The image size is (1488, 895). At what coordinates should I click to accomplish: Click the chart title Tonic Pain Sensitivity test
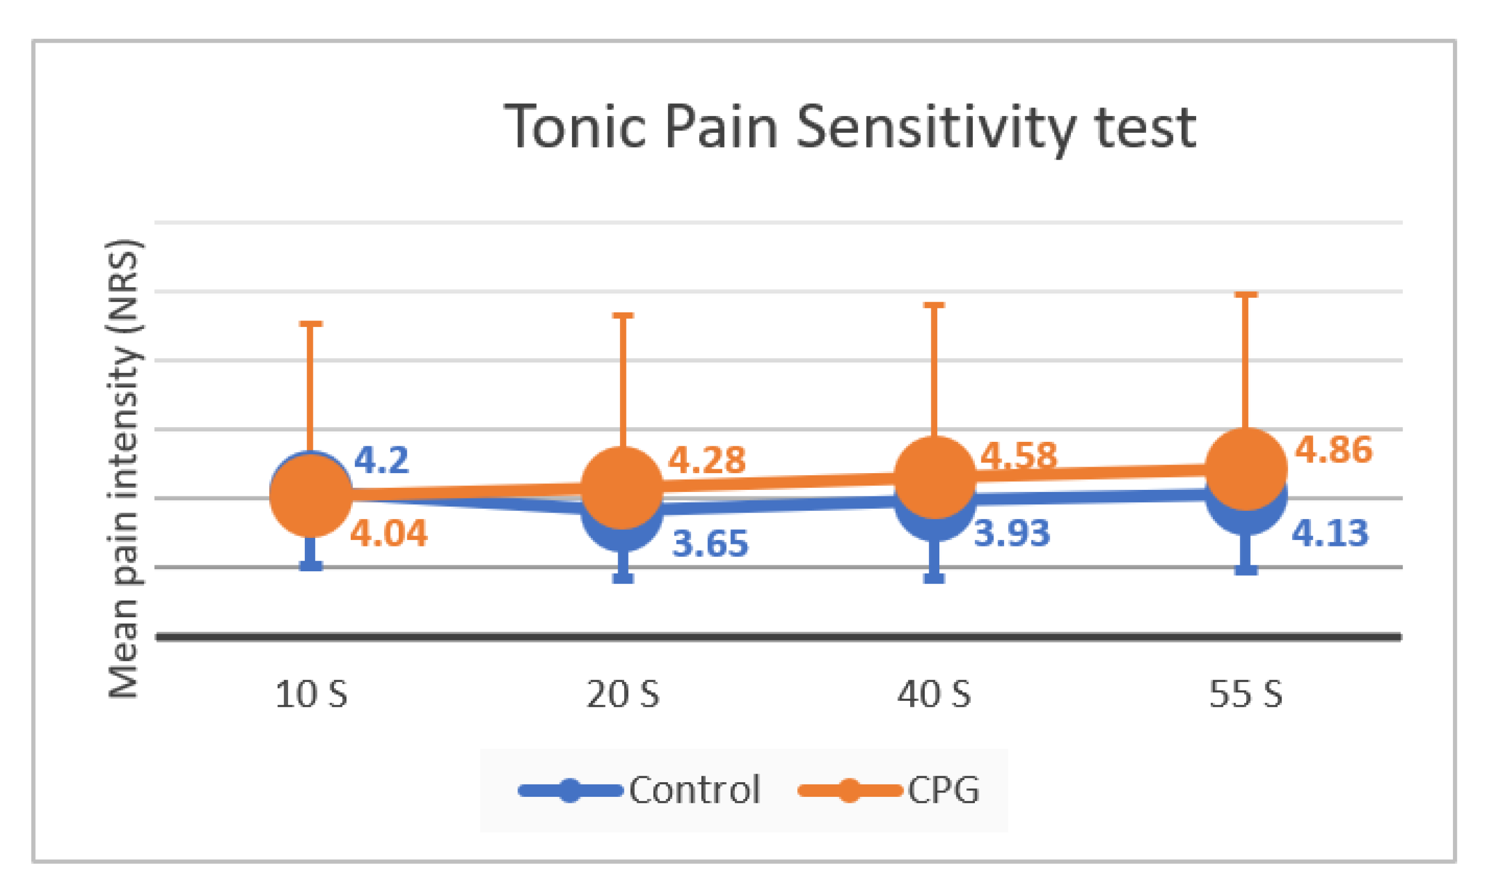pyautogui.click(x=849, y=128)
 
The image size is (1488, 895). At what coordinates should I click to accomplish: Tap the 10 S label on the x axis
pyautogui.click(x=311, y=695)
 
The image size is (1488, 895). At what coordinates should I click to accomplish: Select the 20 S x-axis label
pyautogui.click(x=623, y=695)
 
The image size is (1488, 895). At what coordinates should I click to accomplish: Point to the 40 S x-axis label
pyautogui.click(x=934, y=695)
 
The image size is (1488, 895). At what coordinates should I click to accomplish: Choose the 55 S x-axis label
pyautogui.click(x=1246, y=695)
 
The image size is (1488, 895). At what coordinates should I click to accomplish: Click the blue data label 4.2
pyautogui.click(x=381, y=460)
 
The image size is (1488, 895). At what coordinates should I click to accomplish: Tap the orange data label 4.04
pyautogui.click(x=389, y=534)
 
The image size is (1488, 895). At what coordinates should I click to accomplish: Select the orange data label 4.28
pyautogui.click(x=707, y=461)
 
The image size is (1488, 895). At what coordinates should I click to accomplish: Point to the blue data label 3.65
pyautogui.click(x=711, y=543)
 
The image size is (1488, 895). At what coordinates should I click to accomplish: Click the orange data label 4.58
pyautogui.click(x=1019, y=455)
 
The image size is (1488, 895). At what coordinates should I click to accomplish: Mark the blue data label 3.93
pyautogui.click(x=1013, y=534)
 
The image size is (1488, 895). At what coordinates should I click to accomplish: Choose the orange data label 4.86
pyautogui.click(x=1334, y=450)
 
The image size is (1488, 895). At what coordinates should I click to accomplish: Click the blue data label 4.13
pyautogui.click(x=1330, y=534)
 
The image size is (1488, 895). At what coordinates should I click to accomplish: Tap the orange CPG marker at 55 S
pyautogui.click(x=1246, y=469)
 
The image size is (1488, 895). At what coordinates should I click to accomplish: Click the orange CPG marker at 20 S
pyautogui.click(x=623, y=487)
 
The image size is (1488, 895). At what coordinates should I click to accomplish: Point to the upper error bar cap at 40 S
pyautogui.click(x=934, y=305)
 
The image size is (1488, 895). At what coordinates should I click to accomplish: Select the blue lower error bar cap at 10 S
pyautogui.click(x=311, y=566)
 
